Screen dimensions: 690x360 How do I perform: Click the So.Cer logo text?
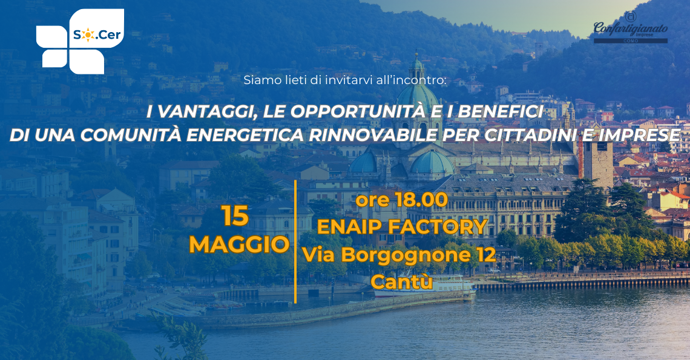point(97,34)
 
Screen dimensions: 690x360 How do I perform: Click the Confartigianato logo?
point(630,28)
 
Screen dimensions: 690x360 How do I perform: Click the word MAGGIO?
point(240,244)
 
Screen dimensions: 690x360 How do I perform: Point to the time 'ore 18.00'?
point(402,200)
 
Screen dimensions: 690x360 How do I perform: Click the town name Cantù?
point(402,282)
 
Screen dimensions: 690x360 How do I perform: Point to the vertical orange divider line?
point(295,241)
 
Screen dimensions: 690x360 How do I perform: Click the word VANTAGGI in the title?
point(205,112)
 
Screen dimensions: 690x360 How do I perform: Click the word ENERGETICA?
point(245,136)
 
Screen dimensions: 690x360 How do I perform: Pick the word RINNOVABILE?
point(373,136)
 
